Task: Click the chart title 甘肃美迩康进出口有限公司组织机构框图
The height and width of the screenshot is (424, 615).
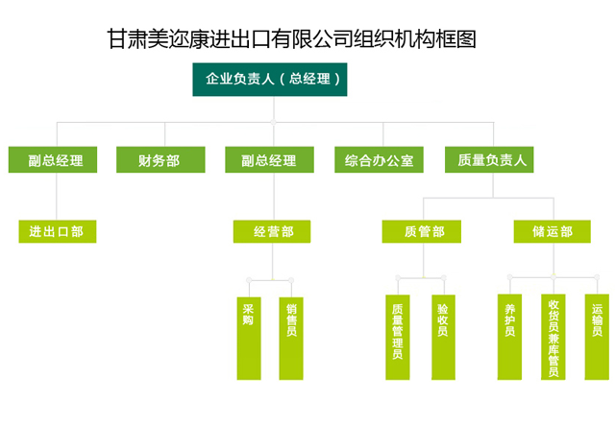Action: (291, 39)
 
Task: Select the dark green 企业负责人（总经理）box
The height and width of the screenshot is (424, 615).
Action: (270, 80)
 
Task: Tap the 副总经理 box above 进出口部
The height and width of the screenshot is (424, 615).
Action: (53, 160)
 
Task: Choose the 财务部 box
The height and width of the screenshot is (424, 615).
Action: (160, 160)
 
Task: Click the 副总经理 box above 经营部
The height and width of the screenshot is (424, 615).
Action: (269, 160)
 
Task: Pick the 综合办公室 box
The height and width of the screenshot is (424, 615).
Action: (379, 160)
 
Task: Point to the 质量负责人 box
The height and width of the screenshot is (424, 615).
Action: (489, 160)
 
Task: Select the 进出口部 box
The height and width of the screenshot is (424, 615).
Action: (58, 231)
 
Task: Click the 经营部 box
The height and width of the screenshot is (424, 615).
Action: (272, 231)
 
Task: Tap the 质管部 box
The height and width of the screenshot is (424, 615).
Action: (422, 231)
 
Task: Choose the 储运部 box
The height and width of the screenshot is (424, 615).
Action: (553, 231)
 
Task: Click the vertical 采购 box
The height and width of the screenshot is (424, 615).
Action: (249, 339)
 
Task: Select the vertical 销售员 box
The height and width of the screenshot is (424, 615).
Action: (291, 339)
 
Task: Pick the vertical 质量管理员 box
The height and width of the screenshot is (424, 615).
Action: (398, 337)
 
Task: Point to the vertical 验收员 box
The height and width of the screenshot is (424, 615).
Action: (444, 337)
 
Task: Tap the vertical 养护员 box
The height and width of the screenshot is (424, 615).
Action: (509, 337)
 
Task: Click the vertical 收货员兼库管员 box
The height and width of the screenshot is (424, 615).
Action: (553, 337)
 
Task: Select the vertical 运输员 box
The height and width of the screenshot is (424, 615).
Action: (597, 337)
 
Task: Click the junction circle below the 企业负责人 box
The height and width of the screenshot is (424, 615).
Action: (273, 122)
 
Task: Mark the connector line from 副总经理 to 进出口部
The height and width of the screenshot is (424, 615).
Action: (57, 197)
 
